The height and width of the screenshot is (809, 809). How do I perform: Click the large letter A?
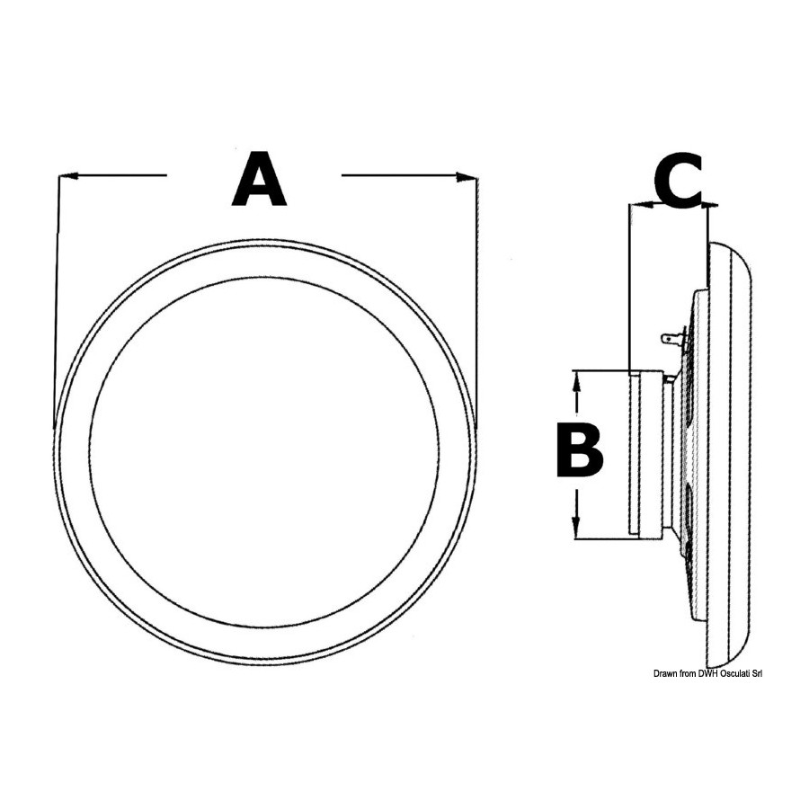(259, 179)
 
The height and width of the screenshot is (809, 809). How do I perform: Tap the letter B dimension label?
(580, 450)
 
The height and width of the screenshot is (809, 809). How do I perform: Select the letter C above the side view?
(679, 181)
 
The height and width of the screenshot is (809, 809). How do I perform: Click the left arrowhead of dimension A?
(68, 176)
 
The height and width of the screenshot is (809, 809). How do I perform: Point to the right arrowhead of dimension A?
(466, 177)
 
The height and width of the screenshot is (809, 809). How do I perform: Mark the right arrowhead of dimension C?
(709, 205)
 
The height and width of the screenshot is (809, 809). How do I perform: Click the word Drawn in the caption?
(665, 674)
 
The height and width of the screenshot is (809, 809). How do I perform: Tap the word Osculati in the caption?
(734, 674)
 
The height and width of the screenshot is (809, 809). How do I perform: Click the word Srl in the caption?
(757, 674)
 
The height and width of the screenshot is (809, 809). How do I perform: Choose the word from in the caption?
(688, 674)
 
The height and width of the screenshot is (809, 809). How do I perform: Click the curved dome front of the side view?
(730, 454)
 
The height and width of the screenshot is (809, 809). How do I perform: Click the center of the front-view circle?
(265, 452)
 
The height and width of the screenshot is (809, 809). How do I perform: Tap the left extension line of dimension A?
(57, 303)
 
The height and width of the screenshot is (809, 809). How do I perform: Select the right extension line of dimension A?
(478, 303)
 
